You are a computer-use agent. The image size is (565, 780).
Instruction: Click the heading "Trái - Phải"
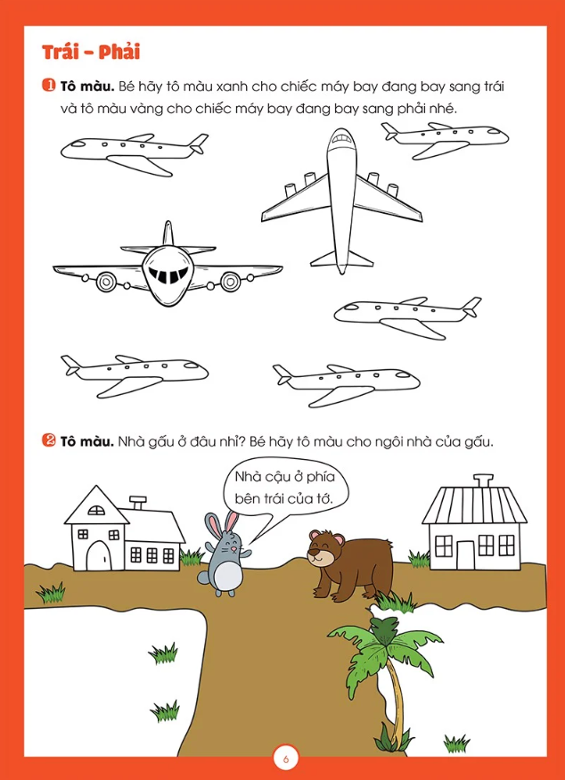(91, 53)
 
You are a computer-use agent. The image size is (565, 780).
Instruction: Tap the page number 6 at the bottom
(285, 760)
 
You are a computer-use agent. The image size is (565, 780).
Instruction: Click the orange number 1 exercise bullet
(49, 86)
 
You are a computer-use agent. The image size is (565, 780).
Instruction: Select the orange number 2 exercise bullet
(49, 440)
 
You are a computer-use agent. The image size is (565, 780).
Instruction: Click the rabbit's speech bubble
(285, 490)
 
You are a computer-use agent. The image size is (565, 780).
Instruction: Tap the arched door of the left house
(99, 554)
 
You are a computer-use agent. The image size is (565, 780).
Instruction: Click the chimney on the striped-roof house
(481, 480)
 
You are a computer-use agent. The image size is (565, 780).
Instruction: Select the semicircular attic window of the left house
(96, 510)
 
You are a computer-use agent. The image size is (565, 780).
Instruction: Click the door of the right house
(466, 554)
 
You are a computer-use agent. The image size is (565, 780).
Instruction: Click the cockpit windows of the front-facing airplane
(168, 274)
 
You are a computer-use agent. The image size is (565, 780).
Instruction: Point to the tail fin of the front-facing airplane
(168, 233)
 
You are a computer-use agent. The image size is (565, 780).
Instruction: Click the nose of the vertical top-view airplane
(341, 135)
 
